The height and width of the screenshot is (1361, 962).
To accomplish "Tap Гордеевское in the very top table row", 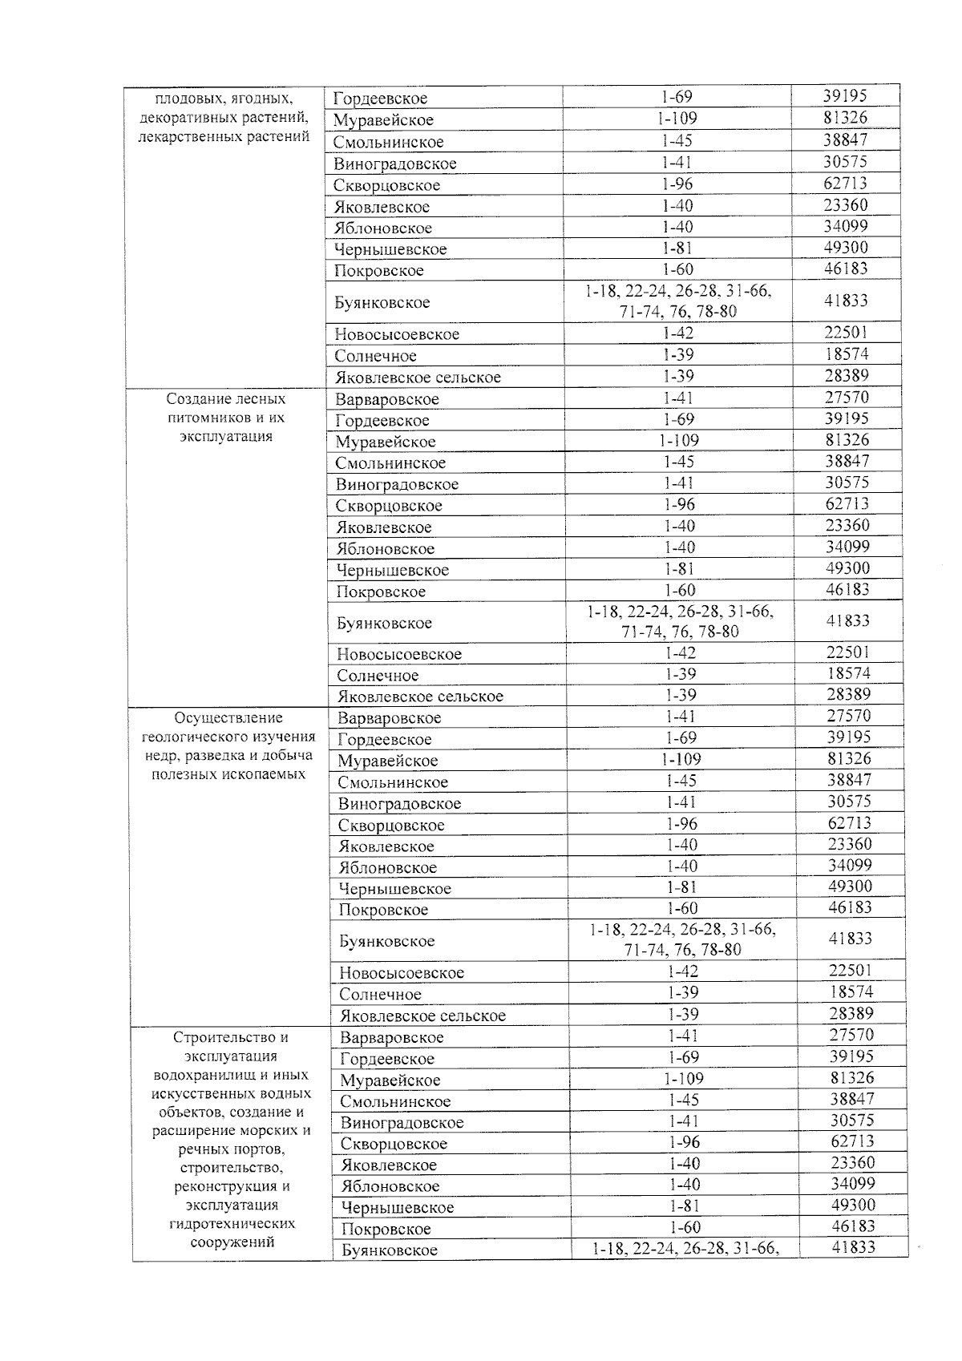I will coord(381,99).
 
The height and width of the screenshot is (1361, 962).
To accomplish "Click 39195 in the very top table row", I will coord(845,95).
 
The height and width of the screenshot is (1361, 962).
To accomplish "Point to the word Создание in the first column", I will coord(198,399).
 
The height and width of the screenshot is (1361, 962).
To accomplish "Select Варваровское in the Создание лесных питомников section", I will coord(387,399).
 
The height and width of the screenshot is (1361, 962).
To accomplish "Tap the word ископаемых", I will coord(265,774).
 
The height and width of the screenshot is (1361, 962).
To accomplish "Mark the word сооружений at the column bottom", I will coord(232,1242).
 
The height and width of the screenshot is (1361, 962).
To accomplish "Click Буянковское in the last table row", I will coord(390,1250).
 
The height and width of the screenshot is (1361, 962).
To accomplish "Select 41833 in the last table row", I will coord(853,1247).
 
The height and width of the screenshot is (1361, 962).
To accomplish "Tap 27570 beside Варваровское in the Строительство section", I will coord(851,1035).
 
